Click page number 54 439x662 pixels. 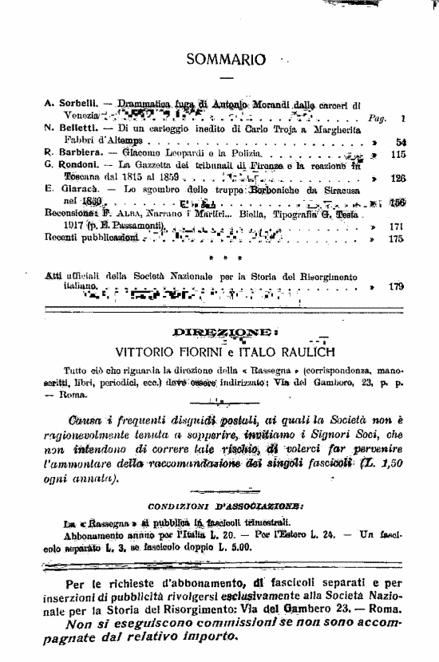click(400, 140)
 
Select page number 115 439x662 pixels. click(398, 153)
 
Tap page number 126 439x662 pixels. click(398, 179)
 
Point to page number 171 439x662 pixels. click(398, 227)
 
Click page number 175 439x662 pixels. click(398, 238)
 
